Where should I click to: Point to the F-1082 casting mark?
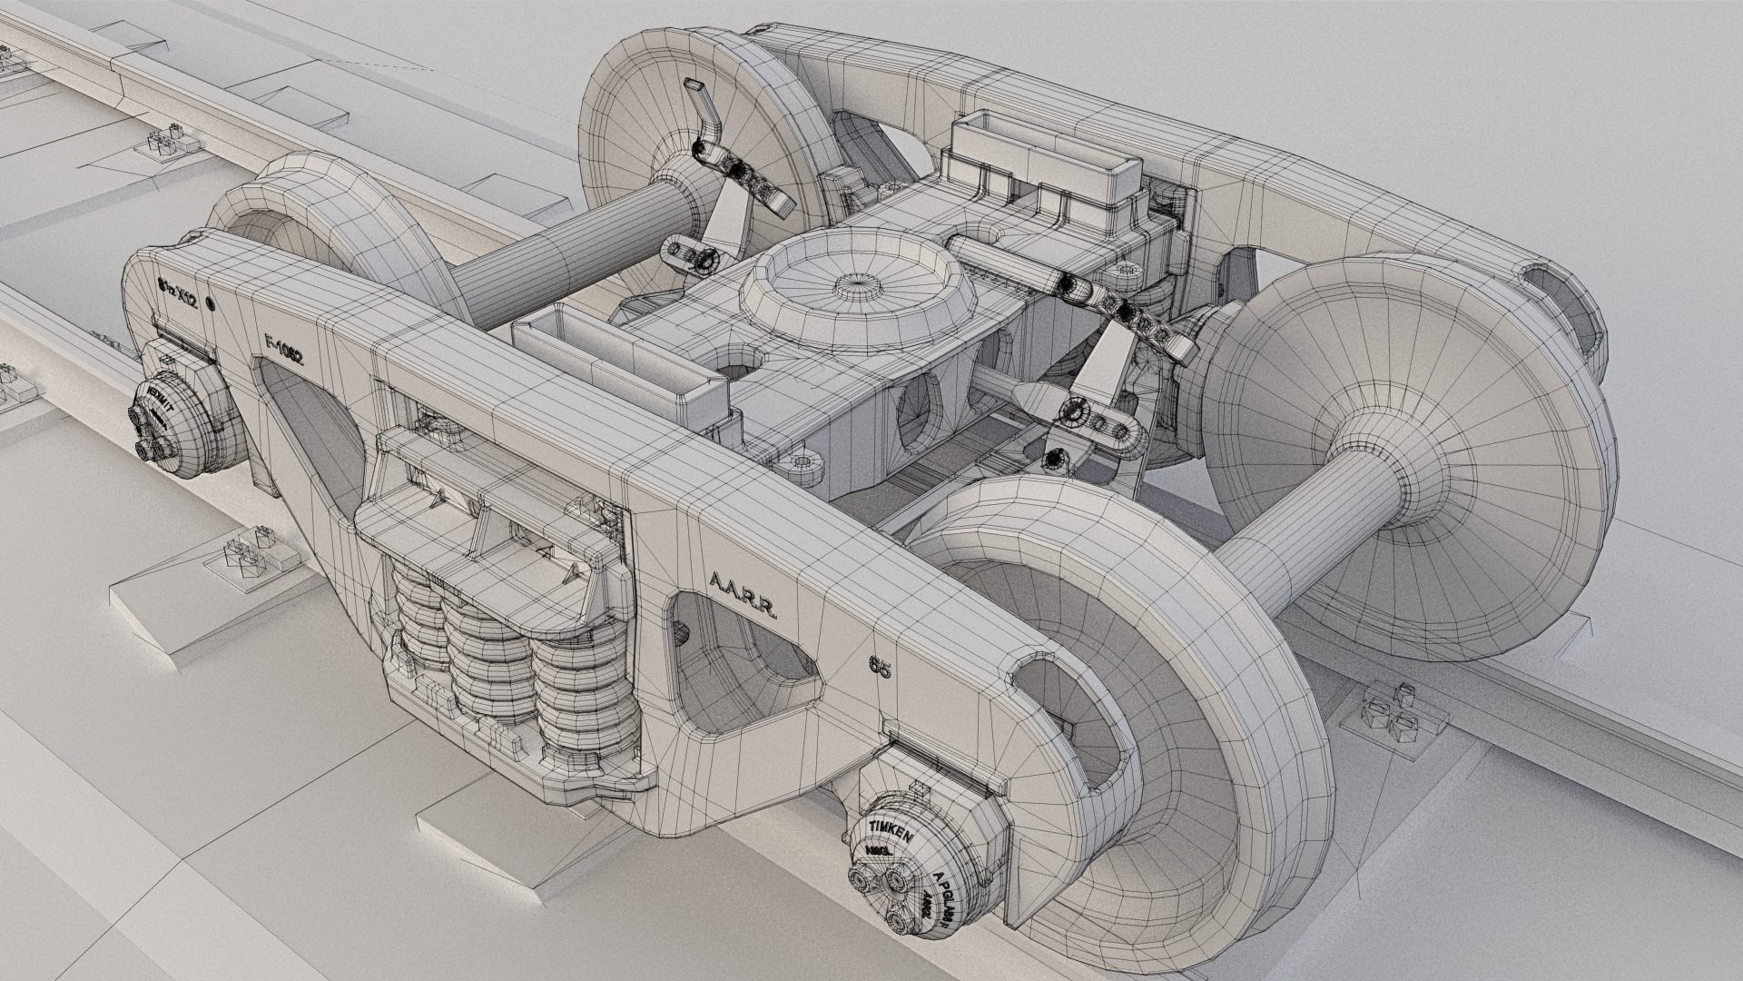pyautogui.click(x=281, y=349)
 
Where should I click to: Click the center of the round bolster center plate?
pyautogui.click(x=856, y=283)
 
